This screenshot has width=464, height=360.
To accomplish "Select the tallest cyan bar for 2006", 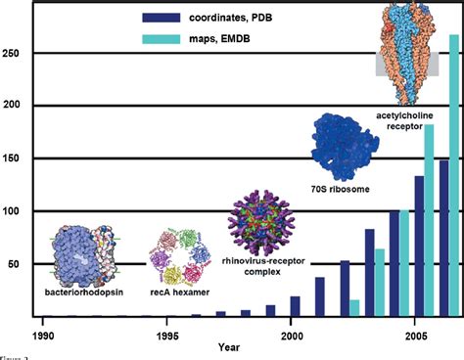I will pyautogui.click(x=454, y=176).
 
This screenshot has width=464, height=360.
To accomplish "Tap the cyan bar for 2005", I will pyautogui.click(x=429, y=220).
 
